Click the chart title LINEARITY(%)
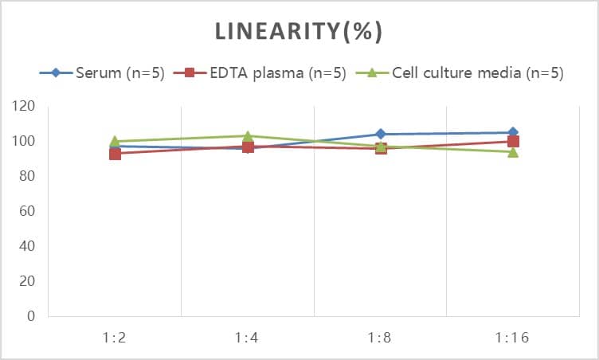[299, 31]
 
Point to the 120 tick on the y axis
[25, 106]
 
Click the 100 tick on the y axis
[25, 141]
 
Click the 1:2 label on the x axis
[115, 338]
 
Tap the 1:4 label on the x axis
[248, 338]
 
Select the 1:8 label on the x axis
[380, 338]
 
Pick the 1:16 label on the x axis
[513, 338]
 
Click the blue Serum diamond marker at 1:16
[513, 132]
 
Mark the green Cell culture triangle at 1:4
[248, 136]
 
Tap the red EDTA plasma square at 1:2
[115, 153]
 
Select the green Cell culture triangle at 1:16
[513, 151]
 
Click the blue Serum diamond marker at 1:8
[381, 134]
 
